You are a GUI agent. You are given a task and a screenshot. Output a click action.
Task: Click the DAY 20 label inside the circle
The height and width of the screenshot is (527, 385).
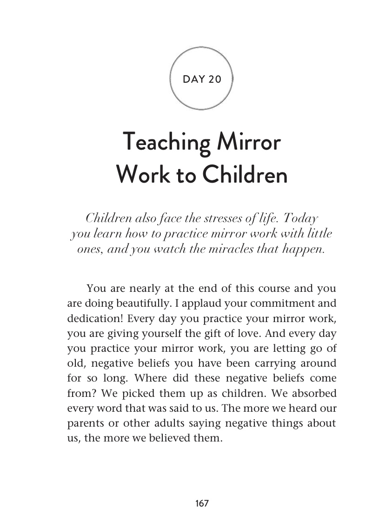(202, 79)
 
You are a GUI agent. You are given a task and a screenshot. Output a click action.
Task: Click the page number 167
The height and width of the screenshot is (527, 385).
(202, 503)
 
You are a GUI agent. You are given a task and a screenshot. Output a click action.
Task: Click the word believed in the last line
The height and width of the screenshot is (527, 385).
(165, 437)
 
